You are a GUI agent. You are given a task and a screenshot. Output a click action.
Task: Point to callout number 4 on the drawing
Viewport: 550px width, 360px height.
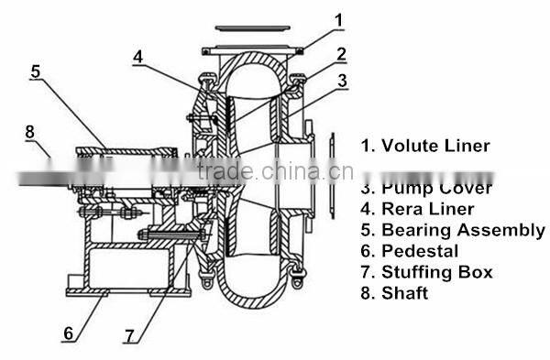(x=137, y=56)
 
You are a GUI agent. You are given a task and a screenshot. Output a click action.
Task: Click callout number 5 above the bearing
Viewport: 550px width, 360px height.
(x=36, y=69)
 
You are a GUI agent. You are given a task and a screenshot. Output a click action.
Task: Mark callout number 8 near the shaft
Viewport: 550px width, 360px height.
(x=30, y=131)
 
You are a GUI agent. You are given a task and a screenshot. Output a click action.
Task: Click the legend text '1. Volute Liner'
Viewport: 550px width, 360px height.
(x=423, y=145)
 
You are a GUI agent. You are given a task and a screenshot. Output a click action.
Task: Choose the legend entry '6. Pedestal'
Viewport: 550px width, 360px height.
(x=407, y=251)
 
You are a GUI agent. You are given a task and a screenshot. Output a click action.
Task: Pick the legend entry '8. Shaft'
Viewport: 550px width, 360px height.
(x=394, y=293)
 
